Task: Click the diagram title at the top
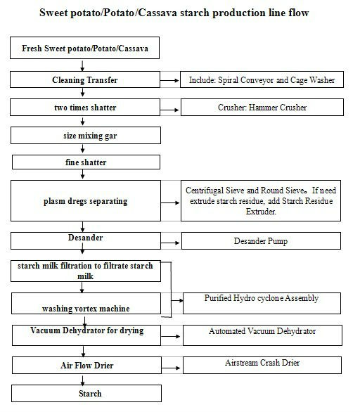[174, 13]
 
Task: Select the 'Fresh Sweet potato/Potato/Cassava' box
[84, 48]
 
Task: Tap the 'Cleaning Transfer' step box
[85, 79]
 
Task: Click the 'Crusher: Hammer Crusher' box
[262, 107]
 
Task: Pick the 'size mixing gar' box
[86, 136]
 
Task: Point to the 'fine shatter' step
[86, 162]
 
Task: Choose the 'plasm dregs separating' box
[86, 201]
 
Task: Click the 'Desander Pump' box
[261, 240]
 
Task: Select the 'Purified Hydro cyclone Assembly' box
[262, 303]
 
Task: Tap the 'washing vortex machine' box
[86, 304]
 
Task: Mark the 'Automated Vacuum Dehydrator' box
[262, 335]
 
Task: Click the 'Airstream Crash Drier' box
[262, 365]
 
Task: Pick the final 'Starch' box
[86, 393]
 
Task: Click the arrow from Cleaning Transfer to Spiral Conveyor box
[169, 80]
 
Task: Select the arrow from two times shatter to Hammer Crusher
[169, 110]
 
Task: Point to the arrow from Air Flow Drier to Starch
[83, 380]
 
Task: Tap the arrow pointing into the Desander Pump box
[171, 243]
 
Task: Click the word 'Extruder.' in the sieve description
[261, 211]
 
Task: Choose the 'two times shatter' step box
[85, 107]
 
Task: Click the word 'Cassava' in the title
[157, 13]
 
